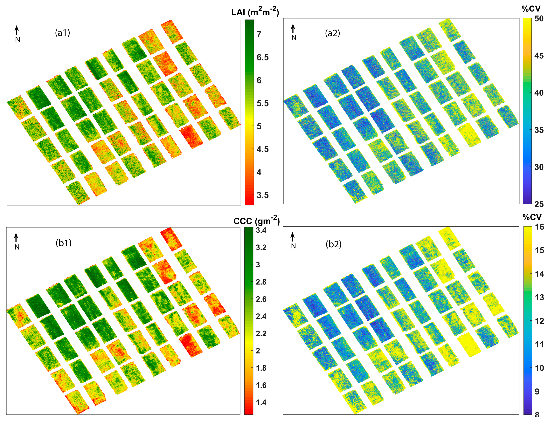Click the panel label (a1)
[62, 33]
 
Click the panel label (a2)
[332, 33]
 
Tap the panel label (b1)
[64, 243]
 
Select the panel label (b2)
[333, 244]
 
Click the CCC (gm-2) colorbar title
[256, 221]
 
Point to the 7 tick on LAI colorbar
[259, 34]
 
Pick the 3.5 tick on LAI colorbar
[262, 195]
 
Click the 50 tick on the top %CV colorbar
[539, 19]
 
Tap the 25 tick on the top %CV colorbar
[539, 204]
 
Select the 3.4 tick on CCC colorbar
[261, 230]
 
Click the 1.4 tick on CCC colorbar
[261, 402]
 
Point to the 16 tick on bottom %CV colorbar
[539, 227]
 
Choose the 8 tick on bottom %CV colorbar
[537, 414]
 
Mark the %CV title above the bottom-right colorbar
[532, 217]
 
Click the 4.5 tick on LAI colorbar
[262, 149]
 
